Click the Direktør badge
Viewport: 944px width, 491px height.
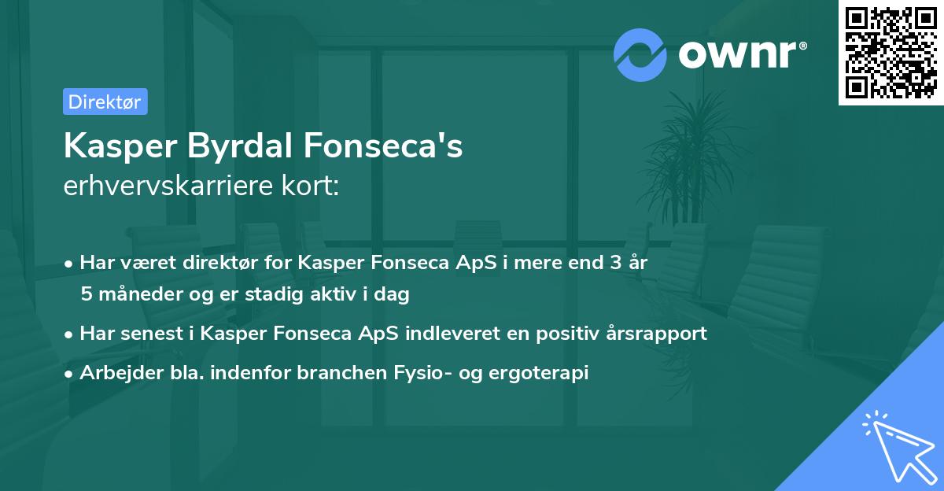click(105, 102)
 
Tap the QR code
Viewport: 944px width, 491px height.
click(890, 52)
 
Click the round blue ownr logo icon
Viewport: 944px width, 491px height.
click(640, 55)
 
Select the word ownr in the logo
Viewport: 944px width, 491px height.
click(741, 55)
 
